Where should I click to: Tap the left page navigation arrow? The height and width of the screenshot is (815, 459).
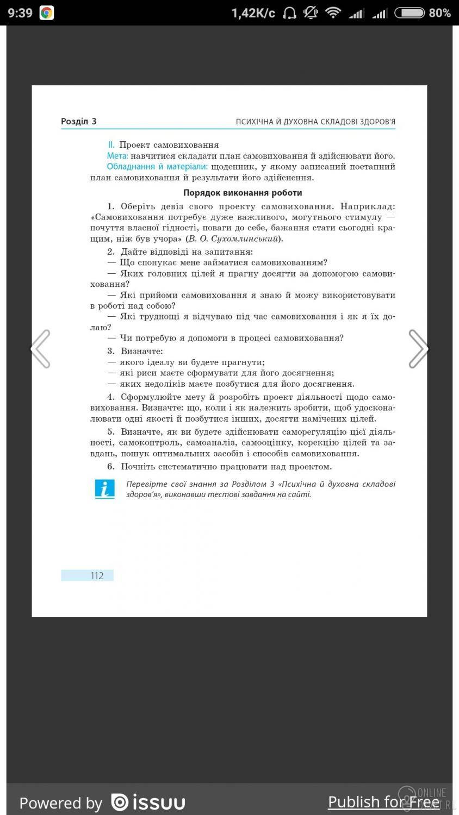click(41, 349)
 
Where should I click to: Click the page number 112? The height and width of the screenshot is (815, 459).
click(97, 576)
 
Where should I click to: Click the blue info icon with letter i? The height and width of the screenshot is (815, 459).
click(105, 489)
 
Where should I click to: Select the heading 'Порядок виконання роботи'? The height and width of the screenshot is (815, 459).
click(243, 193)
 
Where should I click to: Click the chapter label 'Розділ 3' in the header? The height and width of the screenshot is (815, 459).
click(79, 122)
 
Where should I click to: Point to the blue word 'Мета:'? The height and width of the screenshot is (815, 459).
click(117, 156)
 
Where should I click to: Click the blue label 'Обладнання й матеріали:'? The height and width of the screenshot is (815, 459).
click(157, 167)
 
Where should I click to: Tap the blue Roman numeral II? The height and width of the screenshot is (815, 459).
click(111, 145)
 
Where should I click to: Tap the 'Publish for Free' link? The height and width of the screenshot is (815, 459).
click(383, 802)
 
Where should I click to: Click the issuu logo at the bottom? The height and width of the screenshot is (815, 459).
click(148, 803)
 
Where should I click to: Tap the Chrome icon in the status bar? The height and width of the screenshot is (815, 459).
click(47, 13)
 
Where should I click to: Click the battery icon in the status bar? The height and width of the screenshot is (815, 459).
click(409, 13)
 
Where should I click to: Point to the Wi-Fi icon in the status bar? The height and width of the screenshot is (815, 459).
click(333, 13)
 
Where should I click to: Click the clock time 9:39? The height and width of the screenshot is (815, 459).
click(20, 13)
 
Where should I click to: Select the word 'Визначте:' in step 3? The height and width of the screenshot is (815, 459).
click(142, 351)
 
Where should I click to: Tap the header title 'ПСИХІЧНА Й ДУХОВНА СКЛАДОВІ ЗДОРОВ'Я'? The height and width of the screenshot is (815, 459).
click(315, 122)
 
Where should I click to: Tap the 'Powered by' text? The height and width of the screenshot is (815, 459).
click(61, 803)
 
